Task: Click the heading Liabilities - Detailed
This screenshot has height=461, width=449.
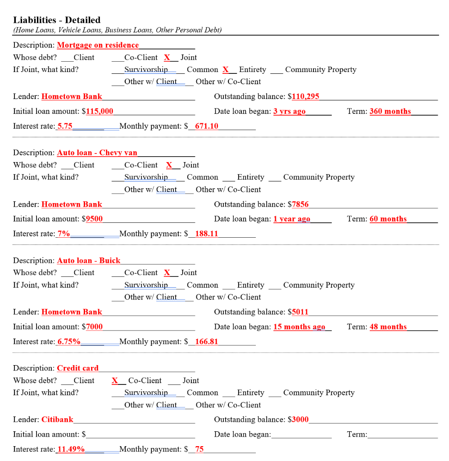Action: coord(57,20)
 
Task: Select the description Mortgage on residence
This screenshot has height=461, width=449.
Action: coord(98,45)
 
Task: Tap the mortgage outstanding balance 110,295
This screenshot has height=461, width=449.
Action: coord(306,96)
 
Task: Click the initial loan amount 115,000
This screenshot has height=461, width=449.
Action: coord(100,111)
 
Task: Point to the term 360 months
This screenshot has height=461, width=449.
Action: coord(390,111)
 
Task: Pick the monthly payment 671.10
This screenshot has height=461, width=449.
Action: coord(206,126)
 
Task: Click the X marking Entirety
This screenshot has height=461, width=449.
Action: coord(226,70)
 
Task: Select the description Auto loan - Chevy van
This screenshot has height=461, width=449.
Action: coord(97,153)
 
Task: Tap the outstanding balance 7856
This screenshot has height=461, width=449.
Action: coord(300,204)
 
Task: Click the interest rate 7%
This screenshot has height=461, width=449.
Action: coord(63,234)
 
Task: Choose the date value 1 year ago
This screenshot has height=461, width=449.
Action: coord(291,219)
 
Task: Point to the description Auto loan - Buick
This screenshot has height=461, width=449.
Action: coord(89,261)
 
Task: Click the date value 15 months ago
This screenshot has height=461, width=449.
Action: coord(299,327)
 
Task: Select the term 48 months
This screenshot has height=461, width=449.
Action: coord(388,327)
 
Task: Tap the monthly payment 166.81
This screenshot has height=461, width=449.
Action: coord(206,341)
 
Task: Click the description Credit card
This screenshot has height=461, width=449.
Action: coord(77,368)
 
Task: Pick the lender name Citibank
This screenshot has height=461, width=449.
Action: coord(57,420)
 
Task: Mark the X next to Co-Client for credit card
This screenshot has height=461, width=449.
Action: coord(115,381)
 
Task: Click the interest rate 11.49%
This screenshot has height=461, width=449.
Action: coord(71,449)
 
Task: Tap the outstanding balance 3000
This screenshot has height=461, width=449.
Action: coord(300,420)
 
